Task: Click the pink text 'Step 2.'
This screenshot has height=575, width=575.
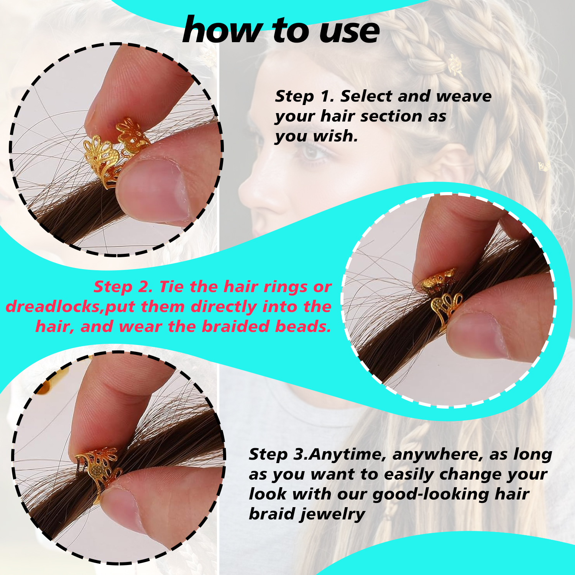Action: [x=123, y=287]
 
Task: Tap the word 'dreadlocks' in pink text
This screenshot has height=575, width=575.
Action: [x=54, y=307]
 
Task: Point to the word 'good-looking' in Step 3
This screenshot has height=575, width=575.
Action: [x=430, y=494]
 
